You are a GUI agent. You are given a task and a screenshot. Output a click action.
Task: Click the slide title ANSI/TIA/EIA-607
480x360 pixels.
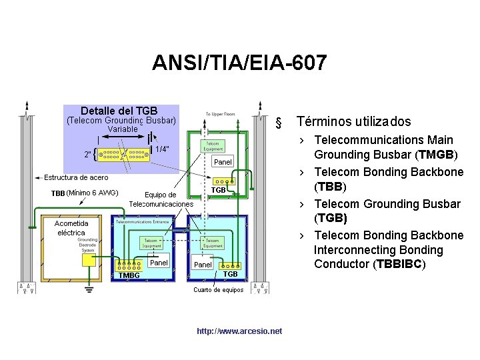(x=239, y=63)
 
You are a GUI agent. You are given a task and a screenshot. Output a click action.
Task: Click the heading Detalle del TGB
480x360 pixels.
(x=119, y=111)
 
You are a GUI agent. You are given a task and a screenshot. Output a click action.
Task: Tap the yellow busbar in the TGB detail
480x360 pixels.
(x=123, y=154)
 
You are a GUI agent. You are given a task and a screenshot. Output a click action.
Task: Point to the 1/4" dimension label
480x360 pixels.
(x=162, y=149)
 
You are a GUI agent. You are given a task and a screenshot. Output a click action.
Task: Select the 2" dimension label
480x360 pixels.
(x=87, y=155)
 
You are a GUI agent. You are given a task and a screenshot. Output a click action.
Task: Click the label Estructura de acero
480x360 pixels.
(x=76, y=177)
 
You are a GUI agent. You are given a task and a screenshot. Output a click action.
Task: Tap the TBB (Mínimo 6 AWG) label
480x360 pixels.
(x=85, y=193)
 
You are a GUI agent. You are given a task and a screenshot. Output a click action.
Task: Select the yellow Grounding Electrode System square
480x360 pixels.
(x=88, y=260)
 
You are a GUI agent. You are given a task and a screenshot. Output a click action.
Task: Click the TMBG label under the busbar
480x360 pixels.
(x=129, y=275)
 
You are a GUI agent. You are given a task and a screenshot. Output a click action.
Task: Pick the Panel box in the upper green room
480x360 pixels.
(x=223, y=162)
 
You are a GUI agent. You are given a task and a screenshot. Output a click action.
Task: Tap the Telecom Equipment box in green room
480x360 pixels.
(x=213, y=146)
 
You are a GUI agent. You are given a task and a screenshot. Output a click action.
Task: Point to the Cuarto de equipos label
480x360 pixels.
(x=218, y=290)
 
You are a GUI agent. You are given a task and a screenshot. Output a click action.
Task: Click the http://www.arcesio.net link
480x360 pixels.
(x=239, y=331)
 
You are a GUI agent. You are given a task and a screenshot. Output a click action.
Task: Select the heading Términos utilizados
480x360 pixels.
(x=353, y=121)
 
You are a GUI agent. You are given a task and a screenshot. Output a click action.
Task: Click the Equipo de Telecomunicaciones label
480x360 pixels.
(x=161, y=199)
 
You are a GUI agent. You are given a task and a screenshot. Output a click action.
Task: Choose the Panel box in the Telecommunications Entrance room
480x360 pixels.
(x=159, y=263)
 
